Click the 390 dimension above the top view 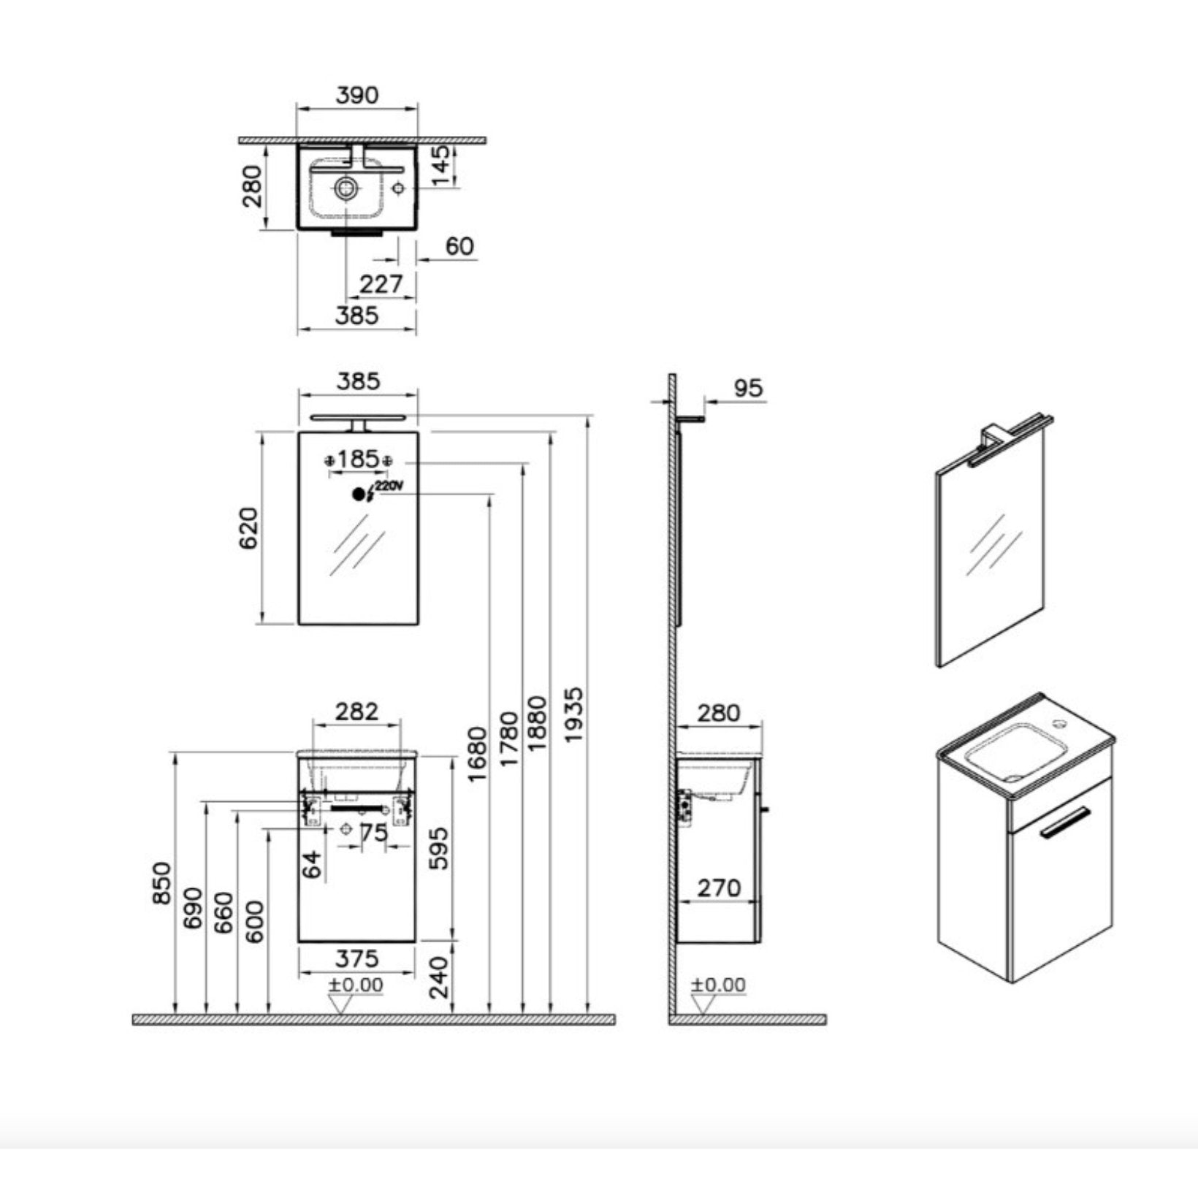tap(357, 95)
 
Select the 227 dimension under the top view tap(381, 283)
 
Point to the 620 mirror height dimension tap(248, 528)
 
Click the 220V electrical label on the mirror tap(389, 486)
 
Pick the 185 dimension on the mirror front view tap(358, 459)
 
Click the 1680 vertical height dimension tap(476, 754)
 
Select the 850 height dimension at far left tap(162, 884)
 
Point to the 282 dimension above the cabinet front tap(357, 711)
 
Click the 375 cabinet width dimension tap(358, 958)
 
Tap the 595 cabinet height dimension tap(438, 848)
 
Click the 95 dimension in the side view tap(748, 388)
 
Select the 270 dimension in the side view tap(719, 888)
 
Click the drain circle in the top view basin tap(346, 189)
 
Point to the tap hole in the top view tap(398, 188)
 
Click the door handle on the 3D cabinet tap(1065, 822)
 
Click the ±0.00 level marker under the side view tap(719, 985)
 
